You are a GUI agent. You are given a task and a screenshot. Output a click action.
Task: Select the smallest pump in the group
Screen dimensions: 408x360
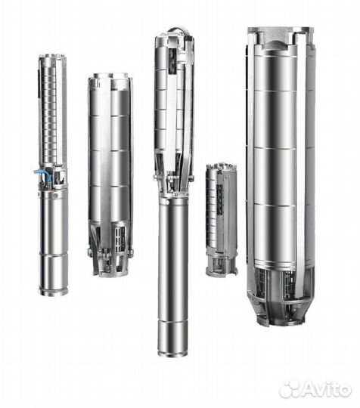click(222, 219)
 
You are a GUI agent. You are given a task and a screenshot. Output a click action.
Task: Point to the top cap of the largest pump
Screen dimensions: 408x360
click(278, 34)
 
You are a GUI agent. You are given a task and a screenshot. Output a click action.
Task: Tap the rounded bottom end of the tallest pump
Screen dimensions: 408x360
click(172, 349)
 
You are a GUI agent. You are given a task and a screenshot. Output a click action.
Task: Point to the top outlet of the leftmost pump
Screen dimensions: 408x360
click(51, 58)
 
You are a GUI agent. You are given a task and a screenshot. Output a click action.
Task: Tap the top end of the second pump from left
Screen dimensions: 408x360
click(110, 77)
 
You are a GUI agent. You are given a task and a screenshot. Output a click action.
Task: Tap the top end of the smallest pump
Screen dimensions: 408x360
click(222, 168)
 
